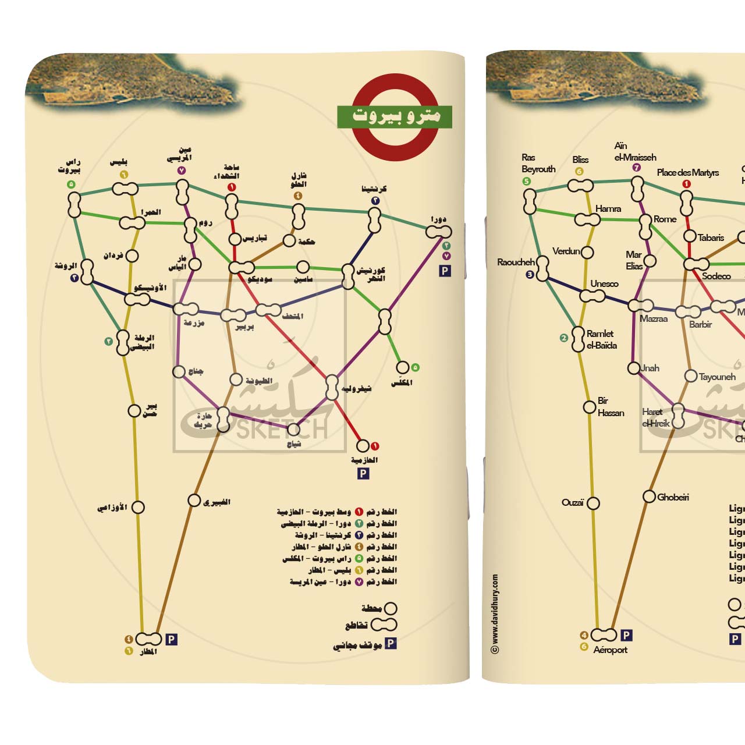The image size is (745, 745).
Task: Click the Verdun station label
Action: (566, 251)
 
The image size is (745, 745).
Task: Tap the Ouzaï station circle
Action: (593, 503)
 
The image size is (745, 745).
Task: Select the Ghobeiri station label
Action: (673, 497)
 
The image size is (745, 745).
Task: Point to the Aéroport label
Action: (610, 650)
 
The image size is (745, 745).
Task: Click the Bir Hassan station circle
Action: (590, 407)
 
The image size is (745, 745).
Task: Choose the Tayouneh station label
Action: (717, 377)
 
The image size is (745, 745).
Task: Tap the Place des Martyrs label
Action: (687, 172)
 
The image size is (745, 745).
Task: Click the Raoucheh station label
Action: (516, 262)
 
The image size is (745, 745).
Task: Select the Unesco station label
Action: (604, 283)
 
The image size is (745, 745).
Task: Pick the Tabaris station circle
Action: (690, 236)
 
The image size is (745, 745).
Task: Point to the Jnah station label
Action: (650, 368)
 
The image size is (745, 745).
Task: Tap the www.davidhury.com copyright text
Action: (495, 613)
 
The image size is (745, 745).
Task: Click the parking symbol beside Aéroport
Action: (626, 635)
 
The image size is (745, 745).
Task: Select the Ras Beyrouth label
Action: (538, 164)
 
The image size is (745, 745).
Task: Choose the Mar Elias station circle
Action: (650, 261)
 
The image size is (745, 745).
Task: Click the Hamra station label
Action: (608, 208)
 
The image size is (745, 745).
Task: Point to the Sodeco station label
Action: (716, 276)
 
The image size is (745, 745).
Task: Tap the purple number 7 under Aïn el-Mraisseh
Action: (636, 168)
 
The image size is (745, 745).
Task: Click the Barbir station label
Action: (700, 324)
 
